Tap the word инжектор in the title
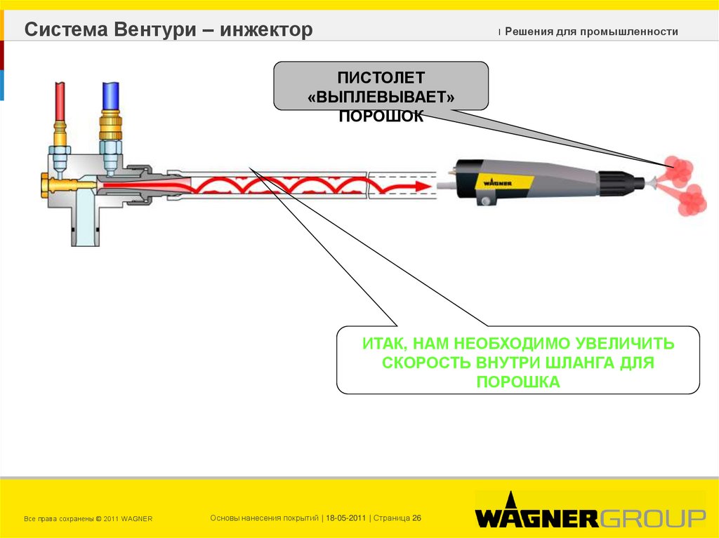[266, 30]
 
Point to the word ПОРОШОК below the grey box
[381, 116]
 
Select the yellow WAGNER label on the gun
[496, 180]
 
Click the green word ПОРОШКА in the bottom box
[518, 382]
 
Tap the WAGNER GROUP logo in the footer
[590, 517]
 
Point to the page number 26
[416, 518]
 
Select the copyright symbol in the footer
[98, 519]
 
